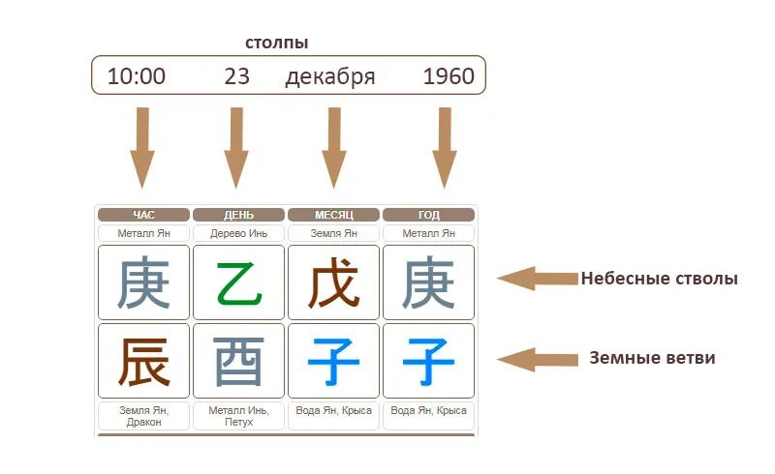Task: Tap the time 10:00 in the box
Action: coord(136,76)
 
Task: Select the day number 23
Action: coord(237,76)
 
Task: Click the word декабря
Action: coord(329,76)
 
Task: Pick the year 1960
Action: coord(449,76)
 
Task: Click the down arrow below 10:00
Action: coord(142,148)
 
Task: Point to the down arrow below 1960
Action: coord(445,148)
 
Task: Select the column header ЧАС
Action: coord(143,215)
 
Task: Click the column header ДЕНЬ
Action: coord(238,215)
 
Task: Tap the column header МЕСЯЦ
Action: coord(333,215)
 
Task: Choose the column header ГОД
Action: coord(428,215)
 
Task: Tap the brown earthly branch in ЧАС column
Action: coord(143,361)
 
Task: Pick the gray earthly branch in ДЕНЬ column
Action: coord(238,361)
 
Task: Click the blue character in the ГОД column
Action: coord(428,361)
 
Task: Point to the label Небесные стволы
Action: coord(659,279)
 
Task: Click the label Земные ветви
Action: coord(652,358)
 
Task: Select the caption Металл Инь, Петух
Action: coord(238,416)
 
